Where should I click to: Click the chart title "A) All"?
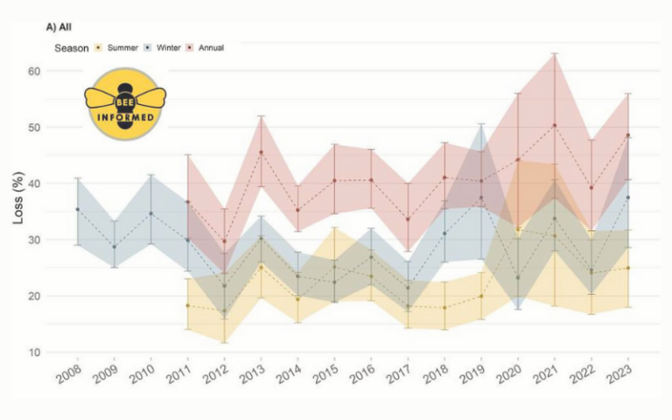point(59,28)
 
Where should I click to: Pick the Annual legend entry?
point(214,47)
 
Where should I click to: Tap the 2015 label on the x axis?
point(329,377)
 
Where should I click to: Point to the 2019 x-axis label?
point(476,377)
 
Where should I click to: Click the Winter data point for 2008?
point(77,209)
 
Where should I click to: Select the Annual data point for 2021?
point(555,125)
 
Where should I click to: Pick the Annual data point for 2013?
point(261,152)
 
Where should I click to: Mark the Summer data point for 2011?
point(187,305)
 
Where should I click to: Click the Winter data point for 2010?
point(150,213)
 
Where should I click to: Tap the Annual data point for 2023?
point(628,136)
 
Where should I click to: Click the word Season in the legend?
point(72,47)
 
